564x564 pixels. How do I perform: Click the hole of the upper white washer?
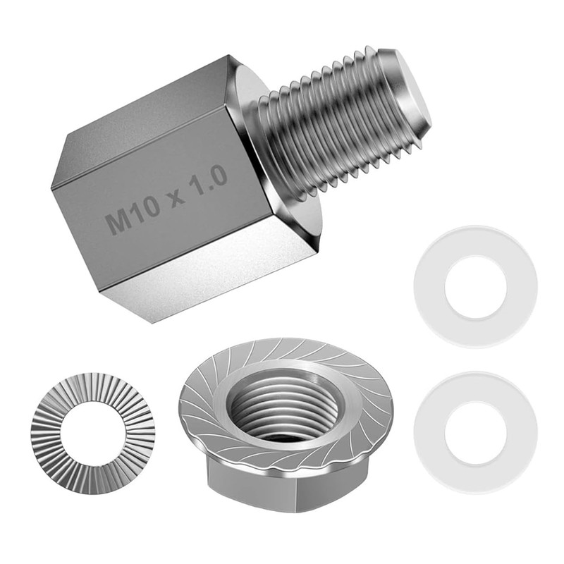(476, 287)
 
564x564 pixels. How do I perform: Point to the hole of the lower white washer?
(476, 432)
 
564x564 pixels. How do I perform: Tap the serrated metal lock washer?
(47, 431)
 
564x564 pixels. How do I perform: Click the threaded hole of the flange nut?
(284, 405)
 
